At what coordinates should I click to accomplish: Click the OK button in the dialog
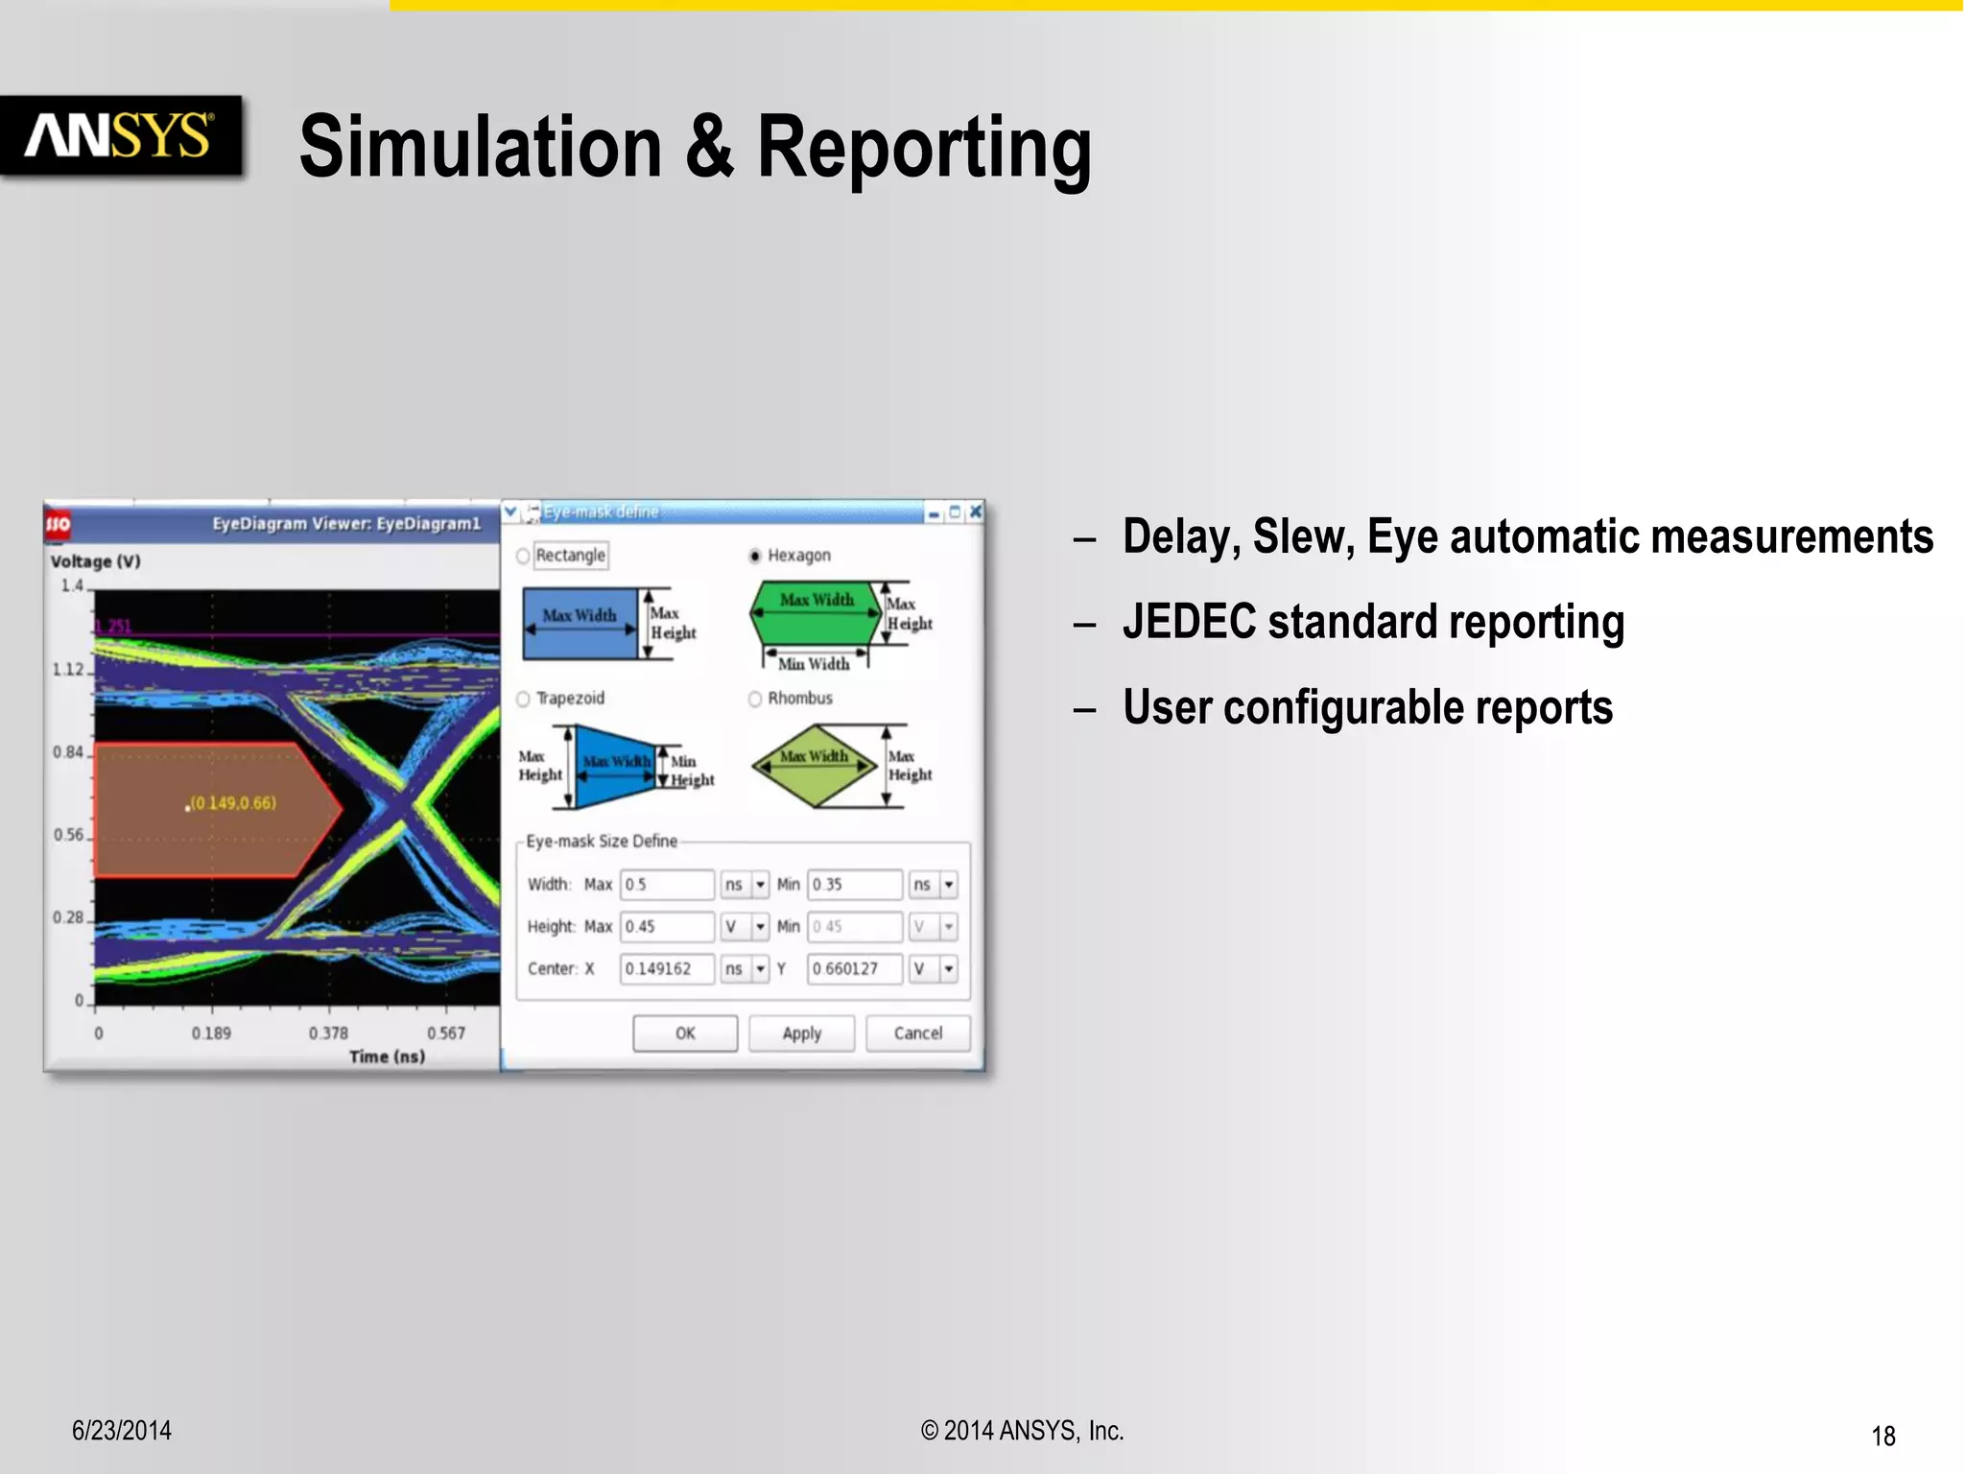[x=685, y=1034]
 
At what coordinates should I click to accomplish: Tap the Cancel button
[x=917, y=1034]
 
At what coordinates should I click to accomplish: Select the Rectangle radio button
[x=524, y=556]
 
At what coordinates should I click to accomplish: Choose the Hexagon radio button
[x=755, y=556]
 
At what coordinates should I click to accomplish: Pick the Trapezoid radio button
[x=524, y=699]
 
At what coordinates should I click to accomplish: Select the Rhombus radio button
[x=755, y=699]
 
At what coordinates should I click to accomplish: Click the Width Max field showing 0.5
[x=666, y=885]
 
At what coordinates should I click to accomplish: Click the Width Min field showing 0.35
[x=854, y=885]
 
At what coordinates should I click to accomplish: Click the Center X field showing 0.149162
[x=666, y=969]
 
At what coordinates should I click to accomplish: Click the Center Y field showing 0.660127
[x=854, y=969]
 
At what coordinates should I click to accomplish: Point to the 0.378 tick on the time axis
[x=328, y=1034]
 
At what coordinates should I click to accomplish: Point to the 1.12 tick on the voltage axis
[x=68, y=670]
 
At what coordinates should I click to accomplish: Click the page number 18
[x=1882, y=1437]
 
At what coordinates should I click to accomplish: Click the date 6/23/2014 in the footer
[x=122, y=1431]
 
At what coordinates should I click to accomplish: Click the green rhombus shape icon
[x=814, y=766]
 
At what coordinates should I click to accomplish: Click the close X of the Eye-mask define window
[x=976, y=512]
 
